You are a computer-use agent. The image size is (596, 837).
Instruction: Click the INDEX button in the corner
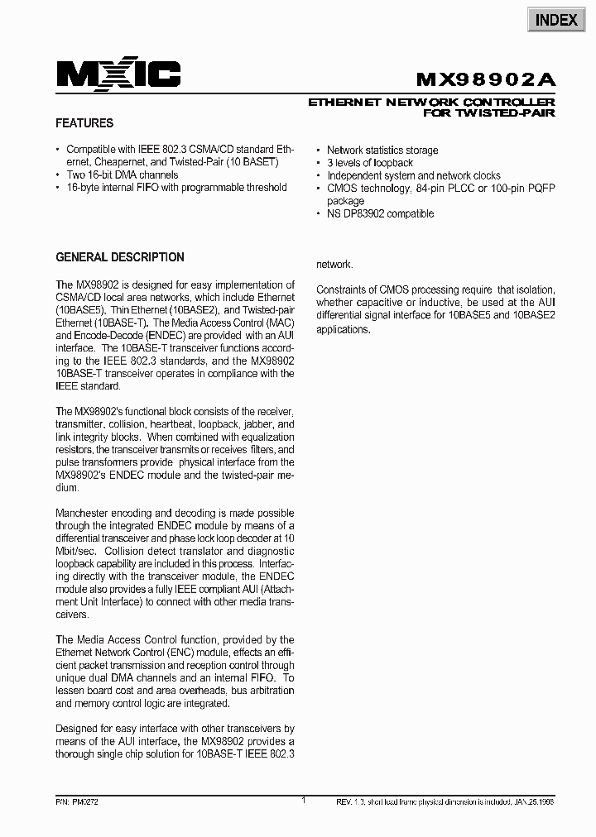click(556, 20)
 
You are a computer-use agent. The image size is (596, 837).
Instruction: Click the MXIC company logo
click(118, 76)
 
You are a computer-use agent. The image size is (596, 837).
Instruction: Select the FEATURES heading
click(84, 123)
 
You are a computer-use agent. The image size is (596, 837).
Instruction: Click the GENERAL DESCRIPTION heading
click(120, 257)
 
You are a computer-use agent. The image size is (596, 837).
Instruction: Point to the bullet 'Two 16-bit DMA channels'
click(123, 175)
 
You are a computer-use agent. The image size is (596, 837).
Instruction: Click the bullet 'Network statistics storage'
click(382, 151)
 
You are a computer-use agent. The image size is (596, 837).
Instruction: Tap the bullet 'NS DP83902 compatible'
click(380, 213)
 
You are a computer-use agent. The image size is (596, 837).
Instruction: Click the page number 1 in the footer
click(304, 800)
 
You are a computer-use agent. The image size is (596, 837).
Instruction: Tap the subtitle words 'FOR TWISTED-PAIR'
click(489, 112)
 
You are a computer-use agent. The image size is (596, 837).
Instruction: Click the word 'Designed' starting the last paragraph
click(77, 729)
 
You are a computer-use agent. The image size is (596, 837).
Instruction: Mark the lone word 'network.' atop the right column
click(335, 265)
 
